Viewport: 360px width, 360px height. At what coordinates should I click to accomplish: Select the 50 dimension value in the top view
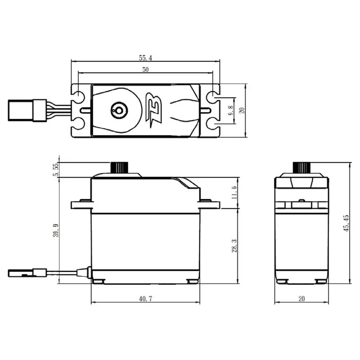point(145,70)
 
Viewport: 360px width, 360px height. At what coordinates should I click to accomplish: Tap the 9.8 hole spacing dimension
point(231,110)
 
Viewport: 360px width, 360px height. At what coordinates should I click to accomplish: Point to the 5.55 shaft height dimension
point(56,170)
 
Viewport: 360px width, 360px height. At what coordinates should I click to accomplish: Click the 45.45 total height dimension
point(346,224)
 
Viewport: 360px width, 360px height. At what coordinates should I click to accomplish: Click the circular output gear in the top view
point(119,109)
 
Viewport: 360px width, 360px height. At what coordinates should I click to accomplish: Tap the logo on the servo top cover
point(153,109)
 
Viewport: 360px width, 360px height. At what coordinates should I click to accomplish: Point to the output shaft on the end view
point(301,167)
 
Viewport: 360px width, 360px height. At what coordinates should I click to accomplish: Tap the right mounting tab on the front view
point(209,204)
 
